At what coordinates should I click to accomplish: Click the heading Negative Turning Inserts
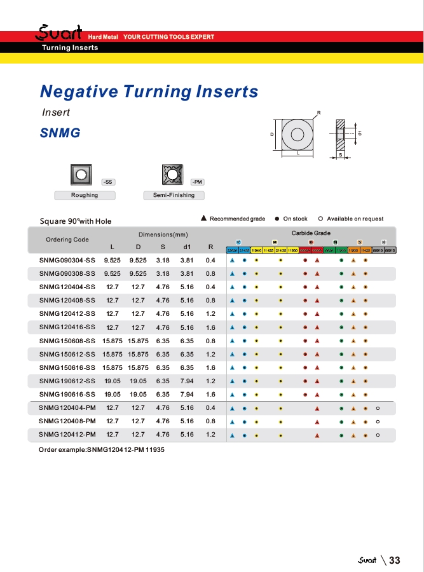tap(149, 92)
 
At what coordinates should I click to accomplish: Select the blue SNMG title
tap(60, 133)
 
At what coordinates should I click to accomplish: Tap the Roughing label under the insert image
tap(84, 195)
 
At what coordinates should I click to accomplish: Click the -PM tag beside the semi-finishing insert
tap(197, 182)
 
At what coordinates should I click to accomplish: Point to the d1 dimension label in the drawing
tap(360, 133)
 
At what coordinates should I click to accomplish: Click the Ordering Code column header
tap(67, 240)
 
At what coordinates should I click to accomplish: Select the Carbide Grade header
tap(311, 233)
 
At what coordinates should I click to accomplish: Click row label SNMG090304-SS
tap(67, 261)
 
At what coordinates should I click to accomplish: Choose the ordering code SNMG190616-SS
tap(67, 394)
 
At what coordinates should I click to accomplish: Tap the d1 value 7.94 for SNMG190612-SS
tap(187, 381)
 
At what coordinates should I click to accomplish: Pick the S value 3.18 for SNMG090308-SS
tap(163, 274)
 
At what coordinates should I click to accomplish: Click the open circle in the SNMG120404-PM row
tap(378, 408)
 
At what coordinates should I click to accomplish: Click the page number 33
tap(395, 560)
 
